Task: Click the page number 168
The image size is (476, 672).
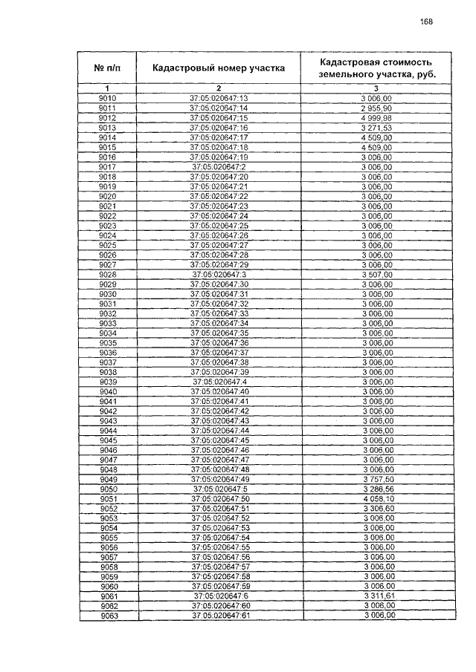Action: [x=426, y=22]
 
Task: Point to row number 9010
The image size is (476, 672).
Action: [x=108, y=98]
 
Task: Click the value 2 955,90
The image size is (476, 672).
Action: [x=376, y=108]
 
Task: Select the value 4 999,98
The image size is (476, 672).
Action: [x=376, y=118]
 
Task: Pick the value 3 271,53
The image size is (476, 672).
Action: [x=376, y=128]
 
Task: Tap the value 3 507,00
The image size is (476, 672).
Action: [x=376, y=275]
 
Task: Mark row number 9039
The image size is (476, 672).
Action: [x=108, y=382]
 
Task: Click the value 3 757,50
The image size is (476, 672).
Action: [x=376, y=479]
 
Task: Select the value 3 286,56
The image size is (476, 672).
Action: [x=376, y=489]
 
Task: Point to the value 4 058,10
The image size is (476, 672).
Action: [x=376, y=499]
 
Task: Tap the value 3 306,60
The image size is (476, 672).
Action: [x=376, y=509]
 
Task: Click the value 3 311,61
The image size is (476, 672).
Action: [x=376, y=596]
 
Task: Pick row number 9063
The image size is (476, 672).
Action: [x=108, y=616]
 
